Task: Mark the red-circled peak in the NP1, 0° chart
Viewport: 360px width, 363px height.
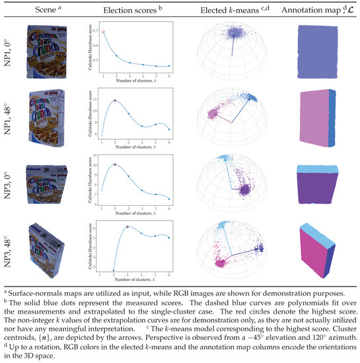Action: [x=103, y=32]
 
